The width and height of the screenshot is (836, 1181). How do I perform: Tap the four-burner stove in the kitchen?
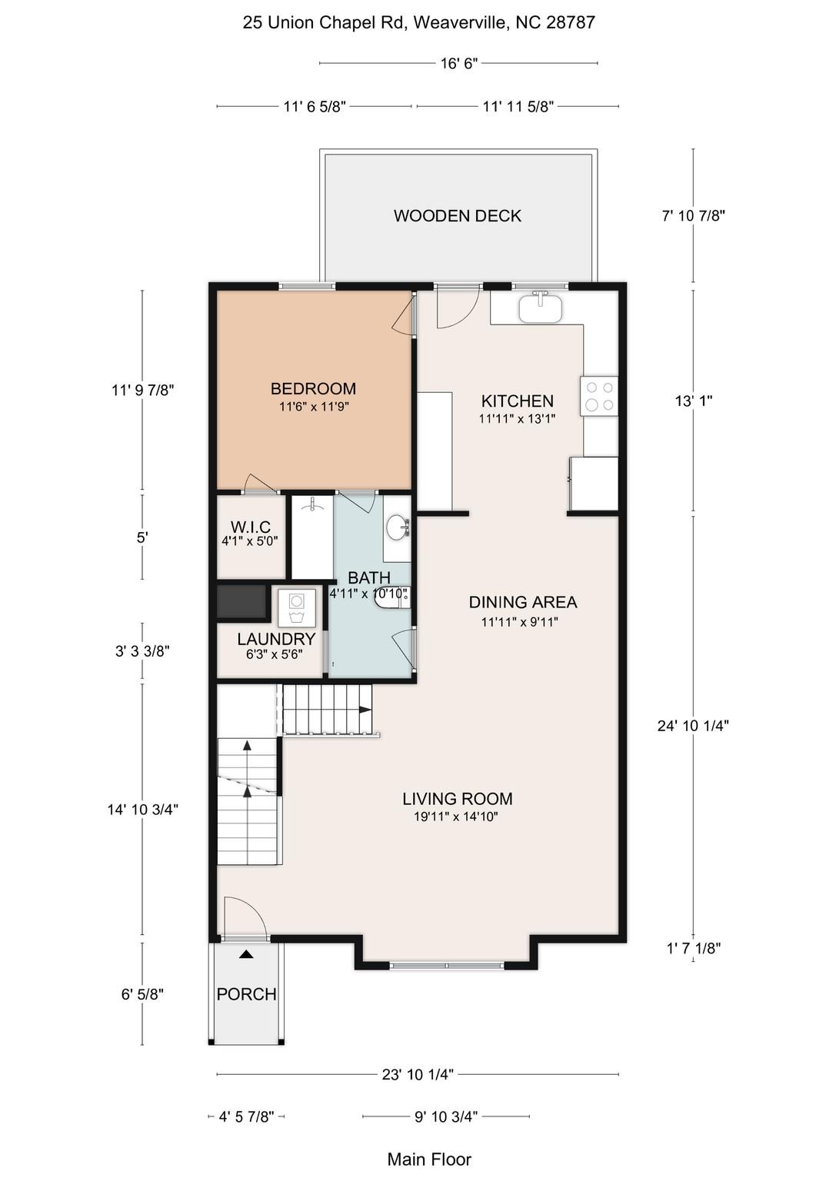[x=600, y=396]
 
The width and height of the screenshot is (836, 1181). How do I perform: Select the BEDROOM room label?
[x=313, y=389]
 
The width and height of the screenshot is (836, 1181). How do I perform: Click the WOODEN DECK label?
[x=458, y=216]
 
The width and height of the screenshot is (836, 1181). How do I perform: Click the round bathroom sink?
[x=398, y=527]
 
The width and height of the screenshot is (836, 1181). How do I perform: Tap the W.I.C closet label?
[x=251, y=527]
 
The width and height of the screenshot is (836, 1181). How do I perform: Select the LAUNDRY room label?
[x=276, y=639]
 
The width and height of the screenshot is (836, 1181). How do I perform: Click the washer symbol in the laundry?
[x=297, y=608]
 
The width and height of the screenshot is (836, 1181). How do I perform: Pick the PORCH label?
[x=246, y=994]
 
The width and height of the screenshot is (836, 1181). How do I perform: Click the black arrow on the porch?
[x=246, y=954]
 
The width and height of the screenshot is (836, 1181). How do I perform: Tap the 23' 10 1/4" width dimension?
[x=418, y=1074]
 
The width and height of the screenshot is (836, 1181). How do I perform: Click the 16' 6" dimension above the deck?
[x=459, y=63]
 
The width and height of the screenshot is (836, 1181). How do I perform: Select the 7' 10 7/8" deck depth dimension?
[x=694, y=216]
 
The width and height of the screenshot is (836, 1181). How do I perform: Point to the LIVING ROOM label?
[x=457, y=799]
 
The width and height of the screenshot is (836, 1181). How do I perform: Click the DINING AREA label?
[x=522, y=602]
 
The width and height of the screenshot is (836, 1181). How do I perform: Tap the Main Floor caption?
[x=429, y=1159]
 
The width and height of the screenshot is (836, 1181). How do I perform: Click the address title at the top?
[x=418, y=22]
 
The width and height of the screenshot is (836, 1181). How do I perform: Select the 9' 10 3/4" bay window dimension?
[x=446, y=1116]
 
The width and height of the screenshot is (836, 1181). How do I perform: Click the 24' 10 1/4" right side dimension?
[x=693, y=725]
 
